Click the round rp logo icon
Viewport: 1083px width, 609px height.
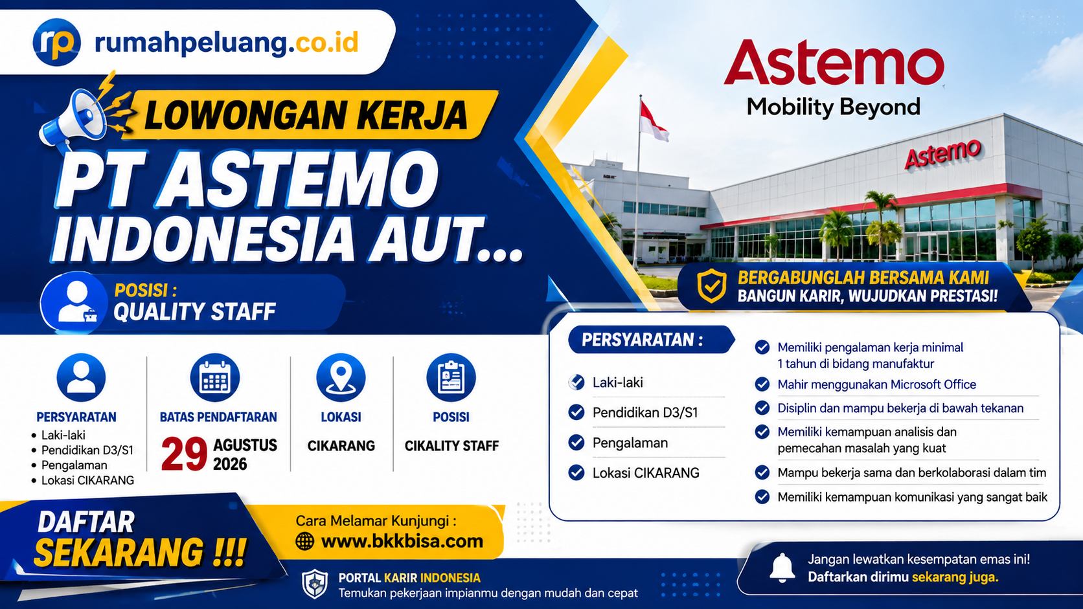coord(56,42)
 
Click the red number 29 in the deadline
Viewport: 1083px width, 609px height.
coord(184,454)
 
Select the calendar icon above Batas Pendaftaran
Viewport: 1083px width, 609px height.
coord(214,378)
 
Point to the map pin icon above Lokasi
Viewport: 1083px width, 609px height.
coord(341,378)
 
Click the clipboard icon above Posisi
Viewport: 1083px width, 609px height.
coord(451,378)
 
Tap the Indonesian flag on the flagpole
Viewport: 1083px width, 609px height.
coord(654,122)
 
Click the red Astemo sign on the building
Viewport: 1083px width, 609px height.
coord(943,154)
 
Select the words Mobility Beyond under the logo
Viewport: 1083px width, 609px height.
coord(834,107)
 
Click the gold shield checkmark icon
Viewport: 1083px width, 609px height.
coord(711,286)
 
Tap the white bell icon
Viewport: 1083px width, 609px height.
coord(782,568)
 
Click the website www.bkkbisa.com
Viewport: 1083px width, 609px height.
coord(402,541)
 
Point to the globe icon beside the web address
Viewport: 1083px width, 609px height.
coord(304,542)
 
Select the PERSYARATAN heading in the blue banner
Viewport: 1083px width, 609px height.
coord(642,340)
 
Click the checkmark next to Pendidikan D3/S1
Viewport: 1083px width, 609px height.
coord(576,412)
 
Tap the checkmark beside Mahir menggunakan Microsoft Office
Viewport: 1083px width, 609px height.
coord(762,384)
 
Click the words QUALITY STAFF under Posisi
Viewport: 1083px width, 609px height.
coord(194,311)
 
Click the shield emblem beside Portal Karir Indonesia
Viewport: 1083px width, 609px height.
coord(315,584)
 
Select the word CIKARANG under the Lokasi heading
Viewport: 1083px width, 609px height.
coord(341,446)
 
